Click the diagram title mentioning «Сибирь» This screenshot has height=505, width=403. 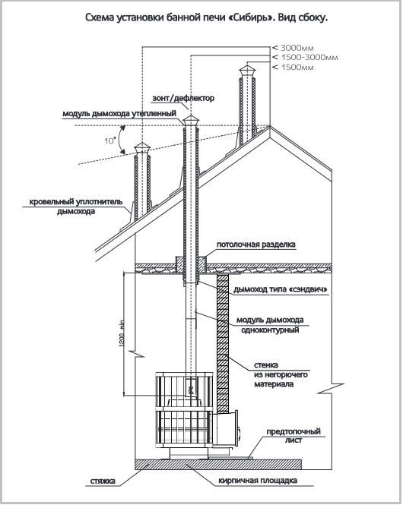coord(207,17)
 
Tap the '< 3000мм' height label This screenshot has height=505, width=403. coord(293,48)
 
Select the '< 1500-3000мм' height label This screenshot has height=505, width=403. coord(305,58)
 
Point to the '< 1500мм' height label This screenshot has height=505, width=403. coord(293,68)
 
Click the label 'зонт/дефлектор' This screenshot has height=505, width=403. coord(183,98)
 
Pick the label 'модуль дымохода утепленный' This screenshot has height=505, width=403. coord(119,114)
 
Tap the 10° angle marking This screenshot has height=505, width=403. coord(110,140)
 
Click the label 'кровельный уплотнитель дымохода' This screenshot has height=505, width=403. coord(76,207)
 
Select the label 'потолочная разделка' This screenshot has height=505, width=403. coord(256,245)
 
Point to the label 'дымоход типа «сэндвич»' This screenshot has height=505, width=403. coord(281,289)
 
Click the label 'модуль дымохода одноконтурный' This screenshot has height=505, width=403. coord(270,325)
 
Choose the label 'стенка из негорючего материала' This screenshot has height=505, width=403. coord(281,374)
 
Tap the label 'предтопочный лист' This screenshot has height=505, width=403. coord(294,435)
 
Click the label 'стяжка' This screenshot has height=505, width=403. coord(103,481)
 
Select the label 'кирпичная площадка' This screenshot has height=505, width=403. coord(258,481)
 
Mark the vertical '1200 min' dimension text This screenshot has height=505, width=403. coord(122,333)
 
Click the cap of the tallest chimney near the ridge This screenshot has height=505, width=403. coord(247,71)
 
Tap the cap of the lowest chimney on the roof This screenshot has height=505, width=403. coord(142,148)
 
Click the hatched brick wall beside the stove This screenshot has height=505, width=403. coord(223,344)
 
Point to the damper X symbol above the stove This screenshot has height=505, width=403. coord(191,390)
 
